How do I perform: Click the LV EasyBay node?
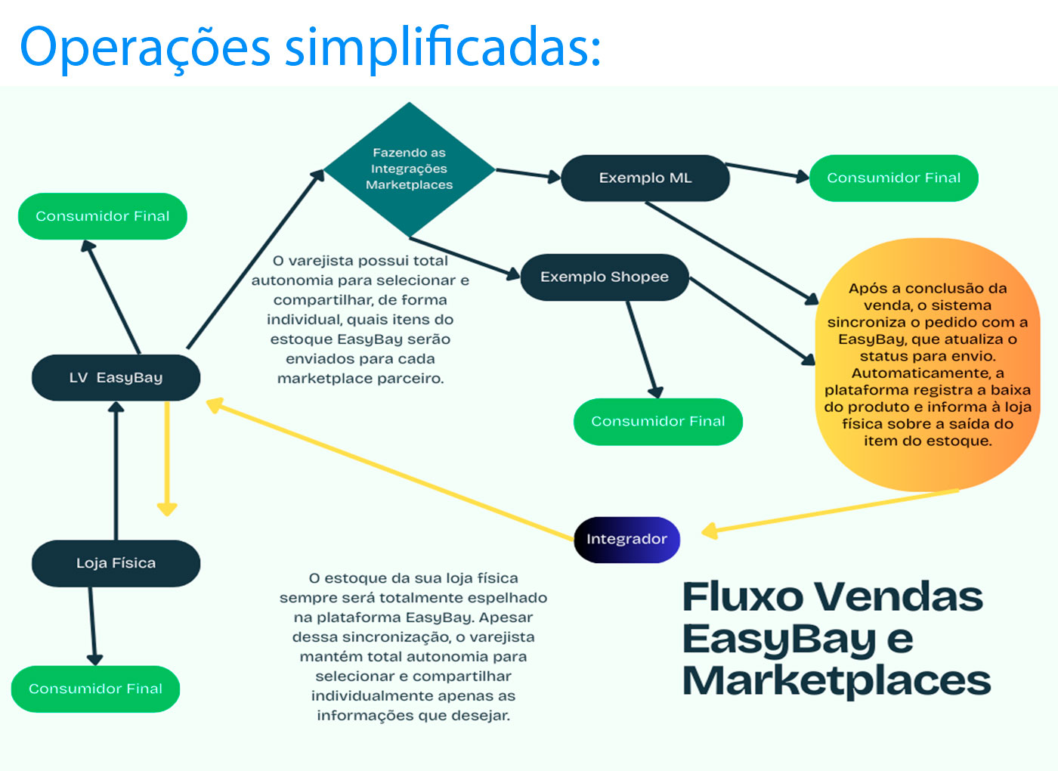(x=116, y=377)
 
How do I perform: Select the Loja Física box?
(x=116, y=563)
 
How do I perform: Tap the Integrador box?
(x=626, y=539)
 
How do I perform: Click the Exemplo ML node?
(x=645, y=178)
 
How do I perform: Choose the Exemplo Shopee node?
(x=604, y=277)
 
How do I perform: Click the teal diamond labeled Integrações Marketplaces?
(x=409, y=169)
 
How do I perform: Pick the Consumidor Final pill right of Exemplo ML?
(x=893, y=178)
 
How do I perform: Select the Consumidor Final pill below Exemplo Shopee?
(x=657, y=421)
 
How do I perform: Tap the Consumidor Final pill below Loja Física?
(x=95, y=689)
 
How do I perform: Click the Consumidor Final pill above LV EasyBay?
(x=102, y=216)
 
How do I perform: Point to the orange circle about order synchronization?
(x=927, y=364)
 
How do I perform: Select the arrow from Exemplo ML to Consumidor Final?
(x=767, y=172)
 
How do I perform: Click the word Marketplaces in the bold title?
(x=836, y=680)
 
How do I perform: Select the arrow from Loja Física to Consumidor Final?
(x=93, y=626)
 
